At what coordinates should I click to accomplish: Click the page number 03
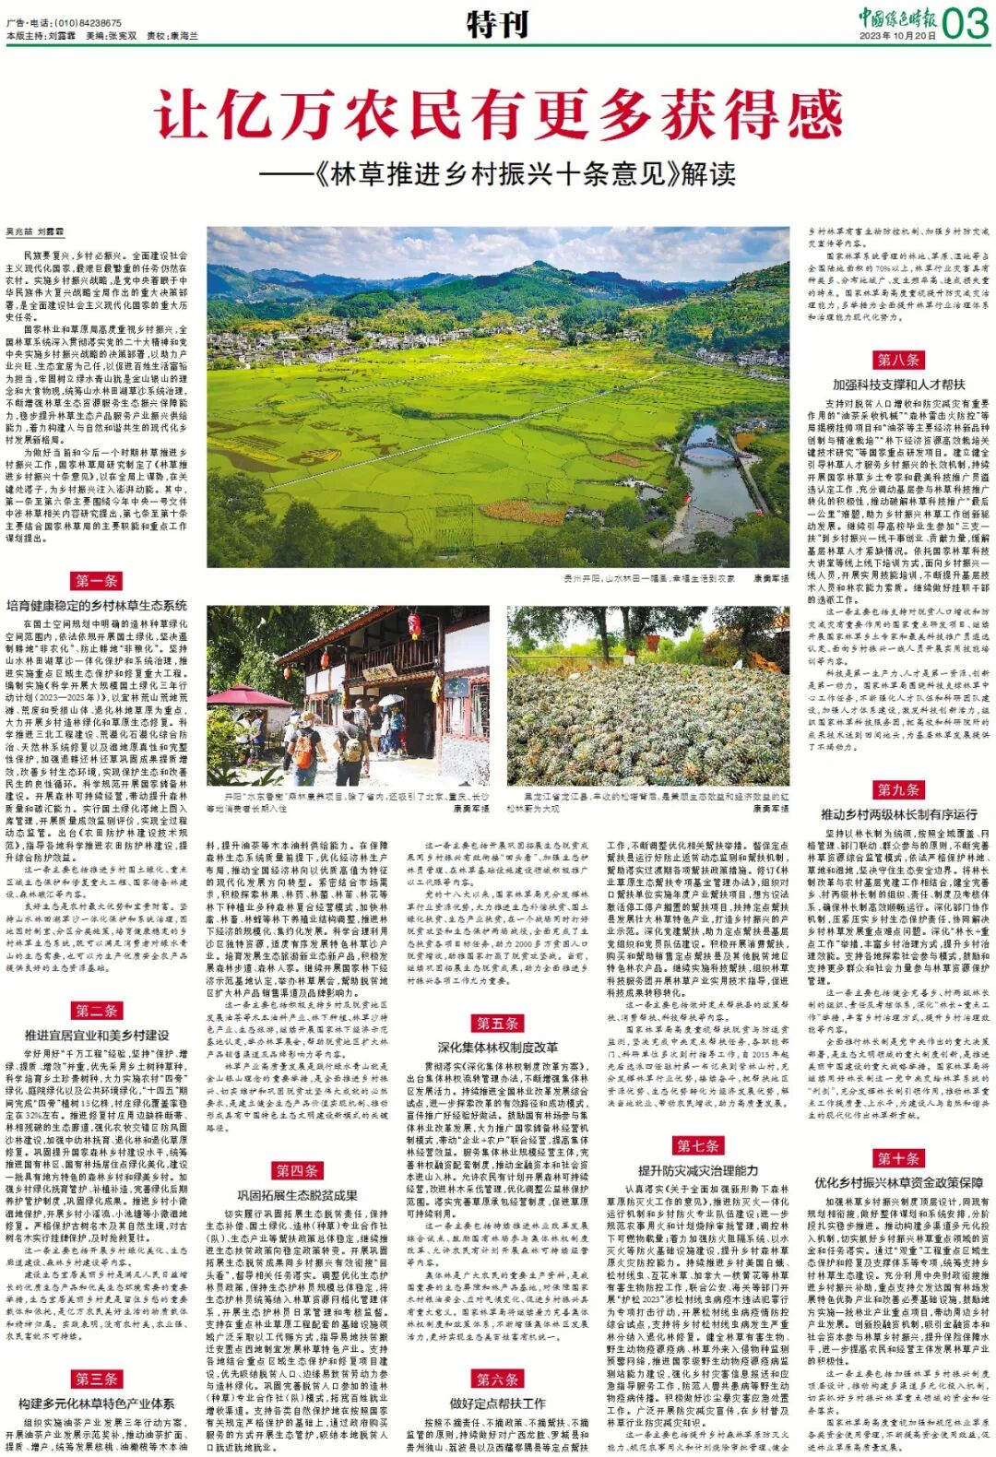[x=966, y=23]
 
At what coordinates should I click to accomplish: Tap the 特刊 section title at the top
[x=497, y=24]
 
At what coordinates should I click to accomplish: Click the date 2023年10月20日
[x=896, y=36]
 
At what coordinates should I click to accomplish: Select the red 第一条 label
[x=97, y=581]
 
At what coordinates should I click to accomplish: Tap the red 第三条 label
[x=97, y=1379]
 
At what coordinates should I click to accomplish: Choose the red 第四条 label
[x=297, y=1171]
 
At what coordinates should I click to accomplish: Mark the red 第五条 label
[x=497, y=1024]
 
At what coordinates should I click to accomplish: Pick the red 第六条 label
[x=497, y=1379]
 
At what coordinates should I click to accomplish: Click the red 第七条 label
[x=698, y=1146]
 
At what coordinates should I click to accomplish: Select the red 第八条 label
[x=898, y=361]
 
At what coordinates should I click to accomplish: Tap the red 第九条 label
[x=898, y=790]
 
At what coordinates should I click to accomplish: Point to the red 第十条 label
[x=898, y=1158]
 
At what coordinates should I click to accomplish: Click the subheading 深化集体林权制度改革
[x=497, y=1048]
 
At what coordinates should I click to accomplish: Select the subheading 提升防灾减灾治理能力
[x=698, y=1170]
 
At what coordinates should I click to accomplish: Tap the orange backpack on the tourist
[x=304, y=752]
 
